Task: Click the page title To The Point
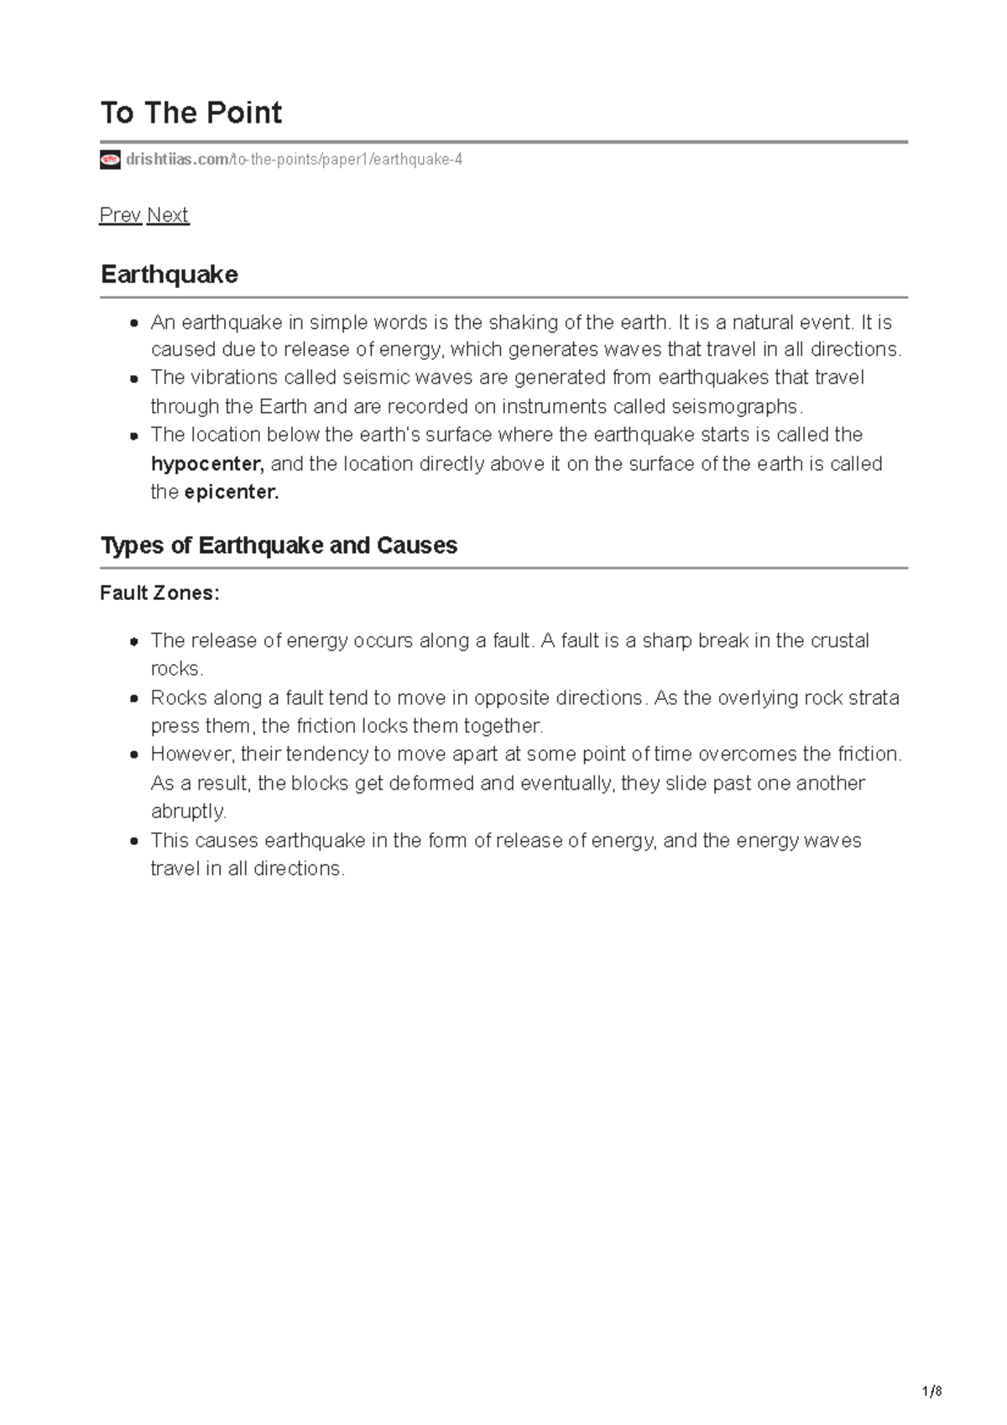(190, 112)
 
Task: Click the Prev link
(120, 215)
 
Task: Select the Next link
(168, 215)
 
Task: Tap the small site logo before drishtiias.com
(110, 159)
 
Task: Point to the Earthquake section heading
(169, 274)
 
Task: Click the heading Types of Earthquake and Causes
(279, 545)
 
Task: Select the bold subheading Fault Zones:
(159, 593)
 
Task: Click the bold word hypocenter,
(207, 464)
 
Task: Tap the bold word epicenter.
(232, 493)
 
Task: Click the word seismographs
(736, 407)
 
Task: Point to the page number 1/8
(931, 1391)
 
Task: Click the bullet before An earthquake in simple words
(133, 323)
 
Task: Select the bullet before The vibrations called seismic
(133, 378)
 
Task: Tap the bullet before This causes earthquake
(133, 841)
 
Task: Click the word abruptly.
(188, 812)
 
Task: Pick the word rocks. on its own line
(176, 669)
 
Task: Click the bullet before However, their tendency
(133, 754)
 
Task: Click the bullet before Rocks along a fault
(133, 698)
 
